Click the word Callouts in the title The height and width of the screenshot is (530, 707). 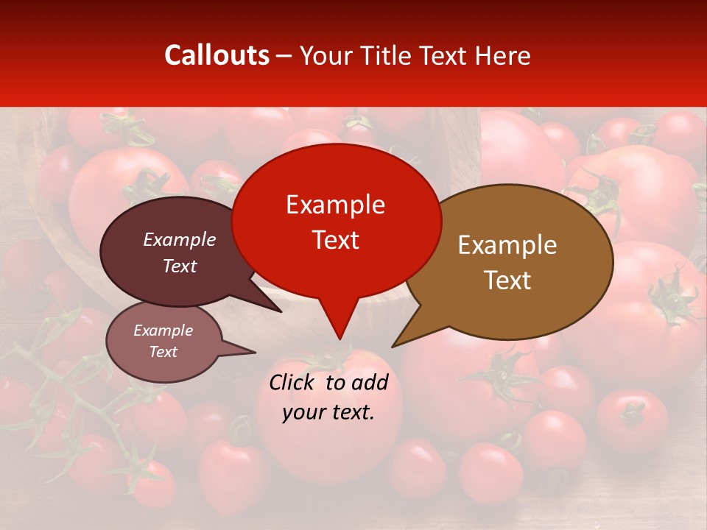point(217,55)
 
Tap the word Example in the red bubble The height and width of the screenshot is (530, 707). point(335,205)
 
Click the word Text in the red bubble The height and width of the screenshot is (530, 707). point(335,240)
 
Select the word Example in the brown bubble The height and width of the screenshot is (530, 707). point(507,245)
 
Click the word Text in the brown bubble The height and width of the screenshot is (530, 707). point(507,280)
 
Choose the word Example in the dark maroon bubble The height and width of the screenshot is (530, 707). point(179,239)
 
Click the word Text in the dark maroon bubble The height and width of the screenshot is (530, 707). point(179,266)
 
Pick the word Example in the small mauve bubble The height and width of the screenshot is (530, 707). point(163,331)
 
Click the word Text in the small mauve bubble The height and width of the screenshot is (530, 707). point(163,352)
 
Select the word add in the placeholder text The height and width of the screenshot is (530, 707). point(370,382)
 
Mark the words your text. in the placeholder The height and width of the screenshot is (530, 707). point(328,412)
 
